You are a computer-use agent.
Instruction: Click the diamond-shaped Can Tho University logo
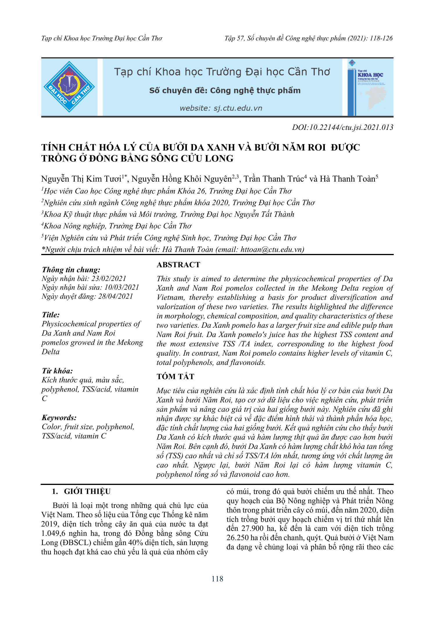[69, 87]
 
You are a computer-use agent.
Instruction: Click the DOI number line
[343, 128]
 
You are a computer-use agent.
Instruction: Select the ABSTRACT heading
[178, 265]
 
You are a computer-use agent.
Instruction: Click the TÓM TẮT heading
[176, 377]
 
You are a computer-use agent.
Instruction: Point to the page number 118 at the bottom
[217, 579]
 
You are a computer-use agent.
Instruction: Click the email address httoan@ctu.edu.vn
[271, 250]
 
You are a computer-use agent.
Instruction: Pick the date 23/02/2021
[109, 279]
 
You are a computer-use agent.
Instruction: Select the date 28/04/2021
[115, 296]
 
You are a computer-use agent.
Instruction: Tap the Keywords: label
[59, 418]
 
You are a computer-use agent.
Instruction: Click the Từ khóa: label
[57, 371]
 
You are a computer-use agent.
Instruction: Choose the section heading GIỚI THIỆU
[87, 491]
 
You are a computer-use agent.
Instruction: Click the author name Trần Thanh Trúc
[273, 179]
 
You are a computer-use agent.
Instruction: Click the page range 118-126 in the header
[381, 38]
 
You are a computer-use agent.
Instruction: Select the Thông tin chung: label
[71, 270]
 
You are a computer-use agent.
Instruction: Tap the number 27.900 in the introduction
[253, 529]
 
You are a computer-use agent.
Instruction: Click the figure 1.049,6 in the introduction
[53, 533]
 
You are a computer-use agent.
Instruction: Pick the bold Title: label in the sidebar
[51, 315]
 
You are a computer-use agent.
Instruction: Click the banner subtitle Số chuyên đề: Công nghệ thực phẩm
[225, 91]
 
